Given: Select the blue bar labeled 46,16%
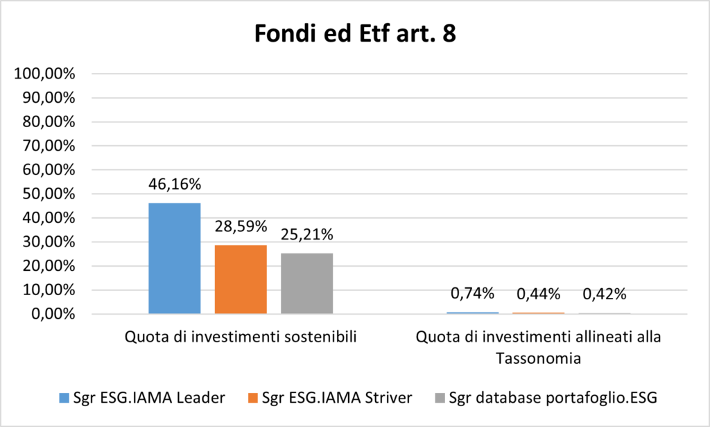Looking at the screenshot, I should pyautogui.click(x=174, y=258).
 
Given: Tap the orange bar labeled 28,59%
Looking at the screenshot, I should pyautogui.click(x=241, y=279).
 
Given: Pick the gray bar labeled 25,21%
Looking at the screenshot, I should pyautogui.click(x=306, y=283).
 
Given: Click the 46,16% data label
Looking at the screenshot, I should pyautogui.click(x=174, y=186).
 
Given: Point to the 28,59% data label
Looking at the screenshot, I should pyautogui.click(x=241, y=226).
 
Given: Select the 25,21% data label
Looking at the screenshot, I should pyautogui.click(x=306, y=235).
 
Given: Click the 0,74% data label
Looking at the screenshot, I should pyautogui.click(x=472, y=294).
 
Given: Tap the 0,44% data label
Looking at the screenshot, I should pyautogui.click(x=538, y=294).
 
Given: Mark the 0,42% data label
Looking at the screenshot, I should pyautogui.click(x=604, y=294).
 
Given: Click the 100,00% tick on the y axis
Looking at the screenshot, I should pyautogui.click(x=44, y=74).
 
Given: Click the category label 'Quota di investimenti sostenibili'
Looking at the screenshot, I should pyautogui.click(x=241, y=338).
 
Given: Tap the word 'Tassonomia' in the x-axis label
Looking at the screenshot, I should pyautogui.click(x=538, y=359).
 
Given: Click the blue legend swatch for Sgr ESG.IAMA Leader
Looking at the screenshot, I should pyautogui.click(x=63, y=398).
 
